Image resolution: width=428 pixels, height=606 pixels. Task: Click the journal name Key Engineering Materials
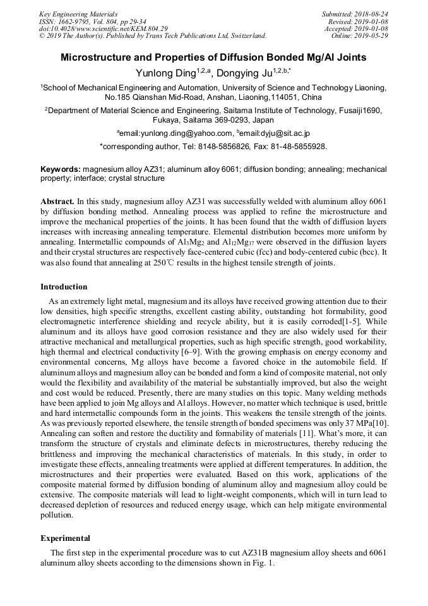coord(78,13)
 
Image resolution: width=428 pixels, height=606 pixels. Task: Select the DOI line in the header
coord(104,28)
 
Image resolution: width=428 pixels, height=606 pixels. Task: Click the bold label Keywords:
coord(61,169)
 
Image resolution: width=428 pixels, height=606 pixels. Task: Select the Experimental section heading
coord(66,538)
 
